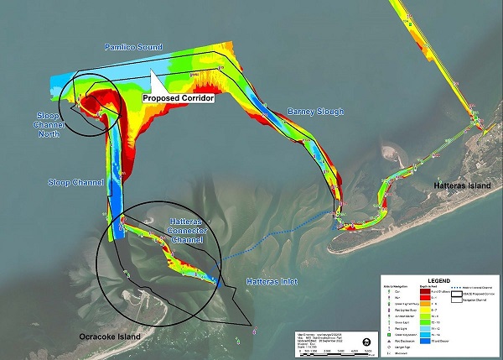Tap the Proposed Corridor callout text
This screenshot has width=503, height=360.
[179, 98]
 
